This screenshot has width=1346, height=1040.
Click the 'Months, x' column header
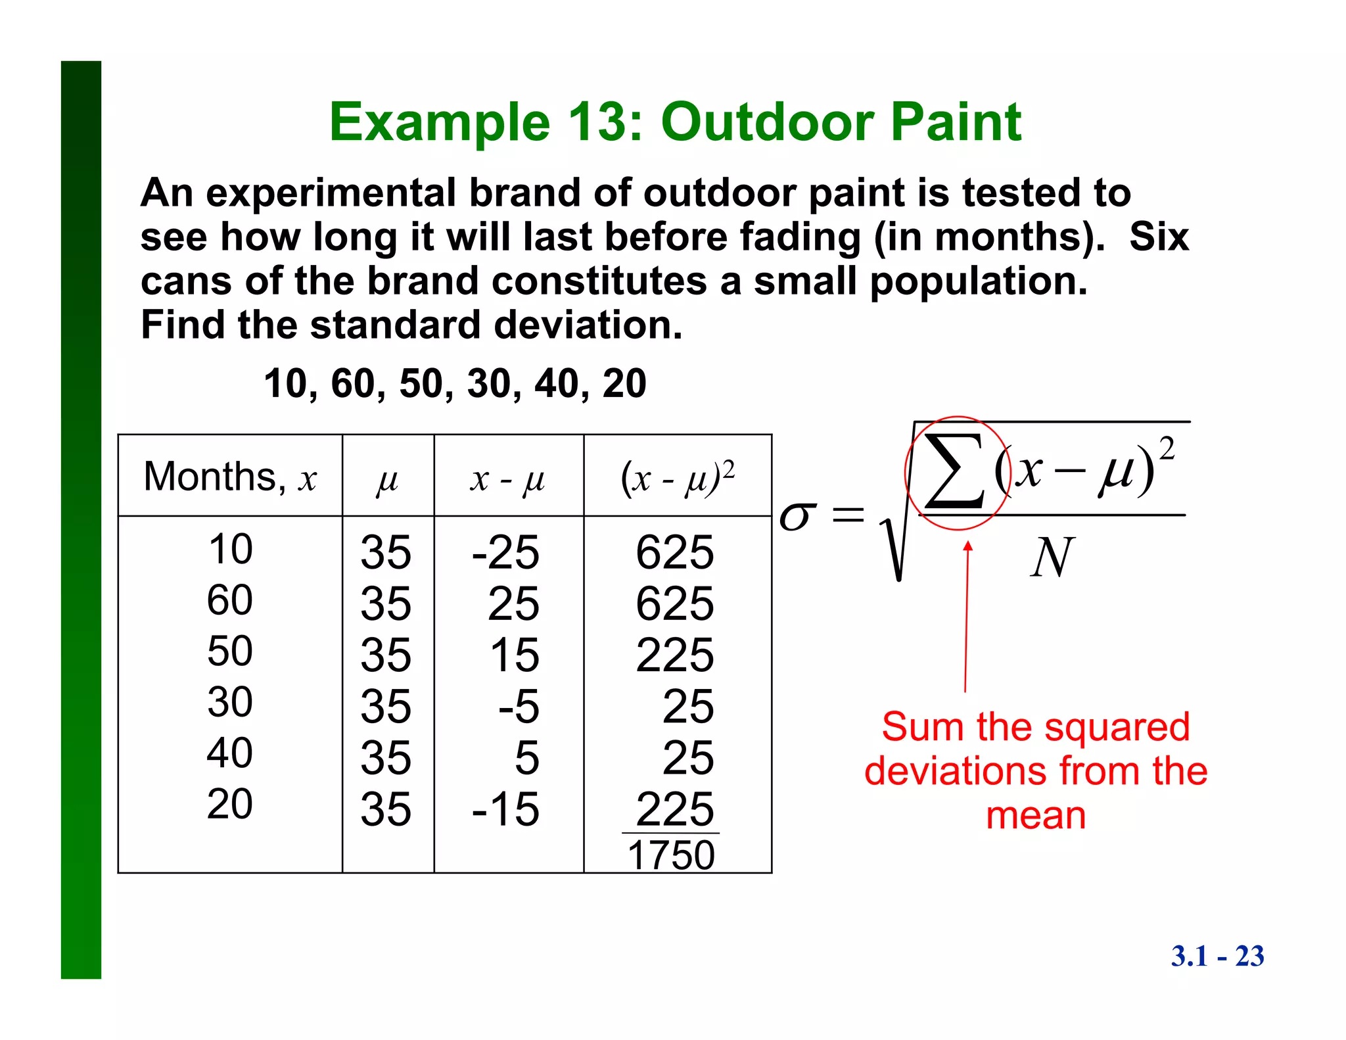click(229, 477)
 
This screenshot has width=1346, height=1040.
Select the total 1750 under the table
click(671, 855)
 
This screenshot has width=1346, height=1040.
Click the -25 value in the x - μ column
click(505, 552)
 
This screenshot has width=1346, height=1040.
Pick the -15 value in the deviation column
click(505, 809)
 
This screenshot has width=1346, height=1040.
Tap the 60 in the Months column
click(229, 600)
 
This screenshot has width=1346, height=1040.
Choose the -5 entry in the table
click(519, 707)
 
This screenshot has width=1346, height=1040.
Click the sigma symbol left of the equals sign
click(797, 516)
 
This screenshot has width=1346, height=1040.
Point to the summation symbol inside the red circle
click(954, 472)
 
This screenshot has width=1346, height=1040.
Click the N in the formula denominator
click(1052, 557)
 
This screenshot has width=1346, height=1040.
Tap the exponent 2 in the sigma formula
click(1167, 450)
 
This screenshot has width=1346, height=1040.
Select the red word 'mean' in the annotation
click(1036, 816)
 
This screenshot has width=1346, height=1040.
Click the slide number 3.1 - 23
click(1217, 956)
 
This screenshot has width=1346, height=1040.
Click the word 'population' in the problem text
click(978, 281)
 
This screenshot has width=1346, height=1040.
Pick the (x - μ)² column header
click(677, 477)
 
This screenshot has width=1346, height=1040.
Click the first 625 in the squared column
click(674, 552)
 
